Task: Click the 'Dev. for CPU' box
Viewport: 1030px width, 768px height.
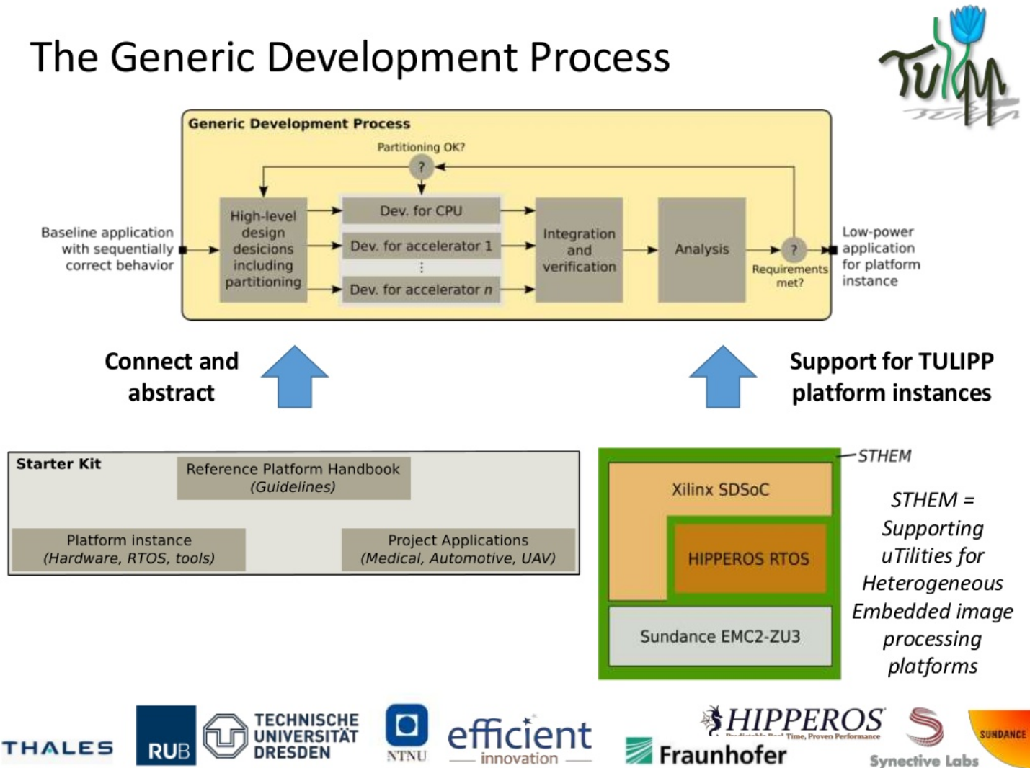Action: pos(421,211)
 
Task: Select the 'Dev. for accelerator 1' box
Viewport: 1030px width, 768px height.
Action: pos(421,246)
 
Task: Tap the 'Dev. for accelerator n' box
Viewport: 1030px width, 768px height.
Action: pos(421,290)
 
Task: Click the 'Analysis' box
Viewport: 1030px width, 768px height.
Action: pos(701,249)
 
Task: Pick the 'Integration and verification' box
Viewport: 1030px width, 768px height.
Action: pos(579,249)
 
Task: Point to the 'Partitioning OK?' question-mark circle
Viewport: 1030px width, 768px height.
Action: pos(421,168)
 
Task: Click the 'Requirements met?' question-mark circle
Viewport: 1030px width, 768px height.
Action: pos(793,250)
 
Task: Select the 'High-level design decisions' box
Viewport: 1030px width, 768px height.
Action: pos(263,249)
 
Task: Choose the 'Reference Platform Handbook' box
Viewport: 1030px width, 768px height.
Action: pos(293,478)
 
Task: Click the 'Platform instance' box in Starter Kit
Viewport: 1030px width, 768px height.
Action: pos(129,549)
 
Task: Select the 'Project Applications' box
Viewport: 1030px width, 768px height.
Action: pos(458,549)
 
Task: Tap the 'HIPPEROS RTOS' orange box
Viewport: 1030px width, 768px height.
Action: pos(748,559)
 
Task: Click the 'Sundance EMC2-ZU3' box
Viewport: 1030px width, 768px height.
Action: pos(720,636)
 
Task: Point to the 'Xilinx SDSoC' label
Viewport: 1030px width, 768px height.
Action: pos(720,490)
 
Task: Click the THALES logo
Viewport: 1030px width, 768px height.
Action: pos(57,748)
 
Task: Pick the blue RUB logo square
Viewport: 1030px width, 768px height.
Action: pos(166,735)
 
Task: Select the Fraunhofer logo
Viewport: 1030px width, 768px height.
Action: pos(706,754)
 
